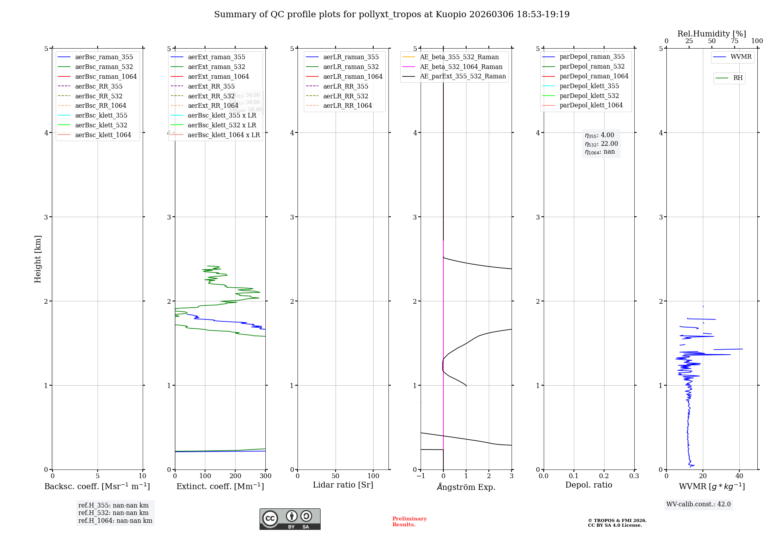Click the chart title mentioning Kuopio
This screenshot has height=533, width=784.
[392, 15]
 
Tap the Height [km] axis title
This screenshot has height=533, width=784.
[38, 259]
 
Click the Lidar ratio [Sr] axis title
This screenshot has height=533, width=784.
[343, 485]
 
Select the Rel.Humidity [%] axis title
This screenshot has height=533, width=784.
[711, 34]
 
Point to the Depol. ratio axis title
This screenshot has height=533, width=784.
[588, 485]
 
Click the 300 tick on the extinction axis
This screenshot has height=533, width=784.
[265, 476]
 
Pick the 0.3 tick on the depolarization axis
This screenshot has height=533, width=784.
[634, 476]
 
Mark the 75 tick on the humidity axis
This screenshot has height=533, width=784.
[734, 41]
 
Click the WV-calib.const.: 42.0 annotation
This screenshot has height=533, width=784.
[698, 504]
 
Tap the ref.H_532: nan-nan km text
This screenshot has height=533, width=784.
[113, 513]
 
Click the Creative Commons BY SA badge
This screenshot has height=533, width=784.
[290, 519]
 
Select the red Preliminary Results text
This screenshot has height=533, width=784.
[409, 522]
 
